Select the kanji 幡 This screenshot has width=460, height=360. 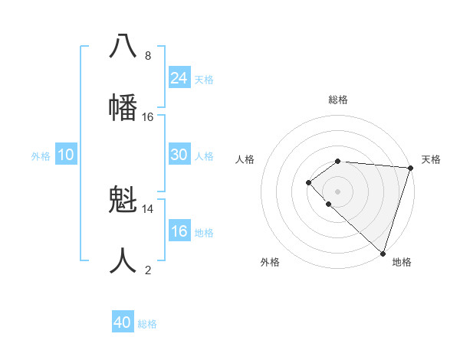(123, 106)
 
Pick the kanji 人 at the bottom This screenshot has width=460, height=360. (123, 260)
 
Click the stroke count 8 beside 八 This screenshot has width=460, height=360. (148, 55)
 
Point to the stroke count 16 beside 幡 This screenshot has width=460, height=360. (148, 116)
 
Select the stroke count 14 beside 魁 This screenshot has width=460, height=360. (148, 208)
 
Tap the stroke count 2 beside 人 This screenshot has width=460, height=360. (148, 270)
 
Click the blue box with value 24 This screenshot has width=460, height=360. (179, 77)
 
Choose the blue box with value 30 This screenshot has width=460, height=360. (179, 155)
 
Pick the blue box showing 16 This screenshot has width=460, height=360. (179, 231)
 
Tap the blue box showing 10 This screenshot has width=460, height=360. (66, 155)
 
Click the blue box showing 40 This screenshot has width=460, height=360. (123, 322)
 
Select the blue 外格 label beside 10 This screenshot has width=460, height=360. (41, 155)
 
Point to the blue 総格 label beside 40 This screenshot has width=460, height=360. (147, 324)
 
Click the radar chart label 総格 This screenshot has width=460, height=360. (338, 100)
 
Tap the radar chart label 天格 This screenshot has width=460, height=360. (431, 159)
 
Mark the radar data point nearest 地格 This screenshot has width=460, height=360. (383, 253)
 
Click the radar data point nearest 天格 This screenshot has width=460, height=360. (410, 168)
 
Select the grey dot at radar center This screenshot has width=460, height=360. (337, 191)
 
